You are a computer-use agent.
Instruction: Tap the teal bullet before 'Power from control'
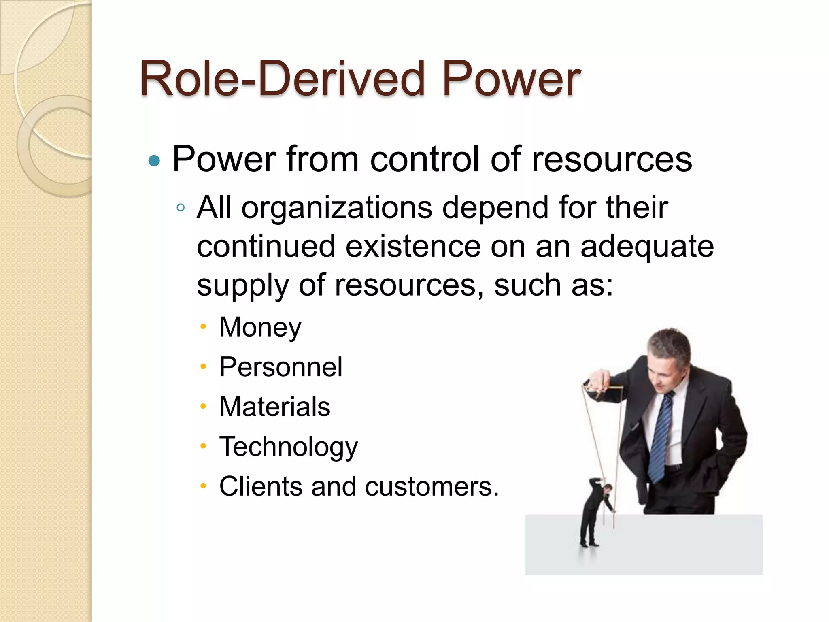[154, 161]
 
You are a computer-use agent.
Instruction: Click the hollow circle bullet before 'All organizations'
[181, 208]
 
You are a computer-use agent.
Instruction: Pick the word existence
[413, 246]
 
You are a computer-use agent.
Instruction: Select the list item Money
[260, 327]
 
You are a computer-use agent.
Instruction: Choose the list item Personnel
[281, 367]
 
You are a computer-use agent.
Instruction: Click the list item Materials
[274, 407]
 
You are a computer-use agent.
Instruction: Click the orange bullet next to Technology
[203, 446]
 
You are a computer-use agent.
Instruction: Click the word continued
[266, 246]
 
